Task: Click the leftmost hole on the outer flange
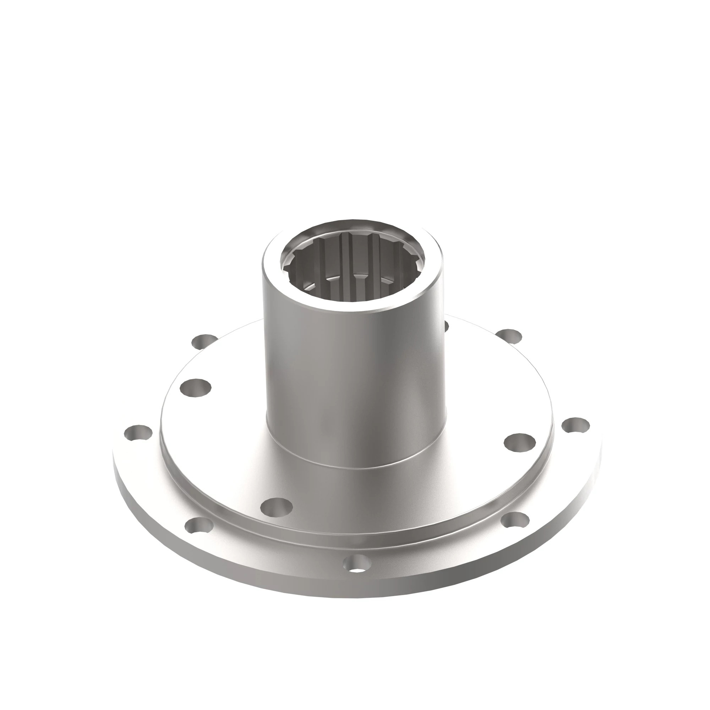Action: pos(138,432)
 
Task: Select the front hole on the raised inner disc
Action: pos(276,508)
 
